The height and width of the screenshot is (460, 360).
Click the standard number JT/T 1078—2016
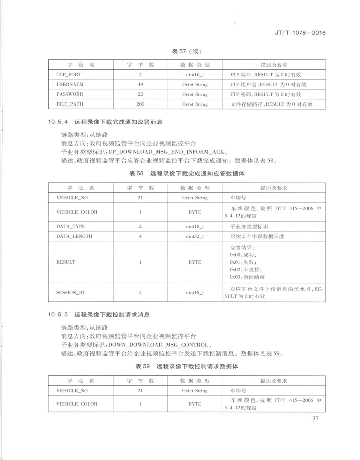pos(300,33)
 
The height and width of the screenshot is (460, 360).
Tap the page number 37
pos(316,418)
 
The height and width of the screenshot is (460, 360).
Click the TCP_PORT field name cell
pos(69,75)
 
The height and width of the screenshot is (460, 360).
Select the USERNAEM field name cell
pos(70,84)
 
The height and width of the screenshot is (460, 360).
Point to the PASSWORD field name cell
pos(70,94)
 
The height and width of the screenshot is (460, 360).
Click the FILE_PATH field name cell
pos(70,104)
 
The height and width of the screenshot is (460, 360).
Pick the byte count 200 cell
pos(140,104)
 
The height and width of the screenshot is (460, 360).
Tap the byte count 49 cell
pos(140,84)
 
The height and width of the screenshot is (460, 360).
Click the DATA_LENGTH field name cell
pos(74,236)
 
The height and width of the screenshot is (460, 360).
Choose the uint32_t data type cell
pos(195,236)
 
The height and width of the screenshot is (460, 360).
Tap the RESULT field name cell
pos(66,262)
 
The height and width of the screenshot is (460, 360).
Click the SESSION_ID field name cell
pos(70,292)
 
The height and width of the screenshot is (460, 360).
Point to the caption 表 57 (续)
pos(187,51)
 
